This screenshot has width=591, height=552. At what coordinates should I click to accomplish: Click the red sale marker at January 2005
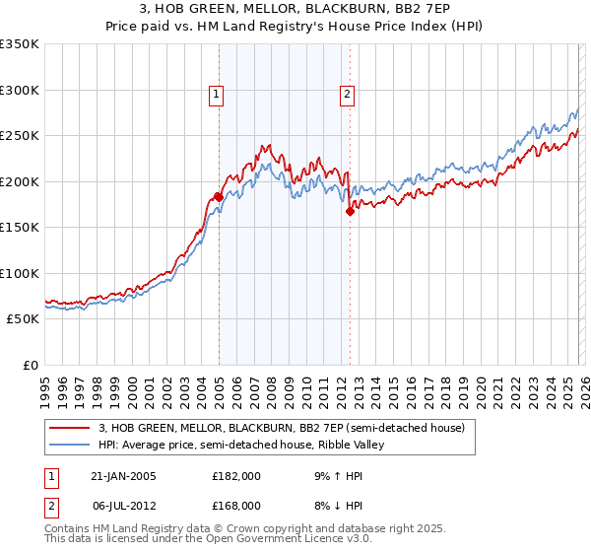click(219, 196)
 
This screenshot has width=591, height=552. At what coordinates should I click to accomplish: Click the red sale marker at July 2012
click(349, 210)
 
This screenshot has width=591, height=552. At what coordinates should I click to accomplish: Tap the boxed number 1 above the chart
click(216, 96)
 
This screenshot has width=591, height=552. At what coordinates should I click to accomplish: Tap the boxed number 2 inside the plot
click(348, 96)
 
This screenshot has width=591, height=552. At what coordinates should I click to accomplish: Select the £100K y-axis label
click(20, 274)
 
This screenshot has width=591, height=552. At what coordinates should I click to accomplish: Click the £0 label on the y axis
click(30, 366)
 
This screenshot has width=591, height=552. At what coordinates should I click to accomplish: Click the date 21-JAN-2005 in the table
click(123, 476)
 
